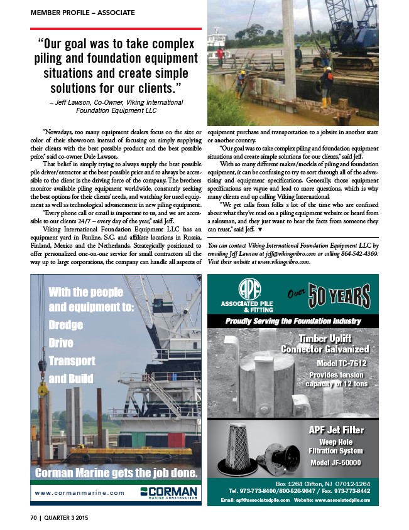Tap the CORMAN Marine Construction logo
(x=168, y=492)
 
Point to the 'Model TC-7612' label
(x=342, y=363)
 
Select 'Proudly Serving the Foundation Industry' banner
(x=293, y=321)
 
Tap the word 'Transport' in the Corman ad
(x=72, y=361)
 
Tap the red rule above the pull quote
(x=116, y=29)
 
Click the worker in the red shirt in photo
(x=220, y=55)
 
